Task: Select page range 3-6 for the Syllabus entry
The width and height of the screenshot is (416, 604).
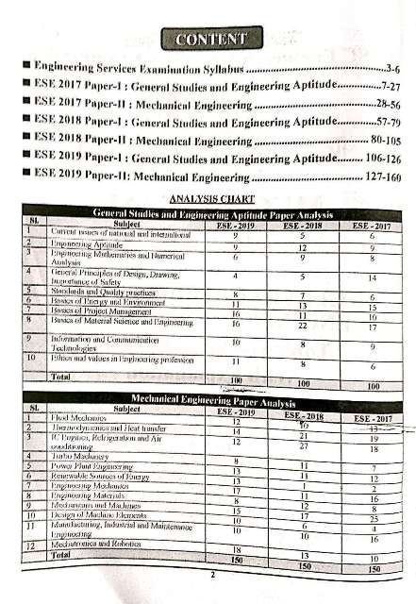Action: click(395, 70)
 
